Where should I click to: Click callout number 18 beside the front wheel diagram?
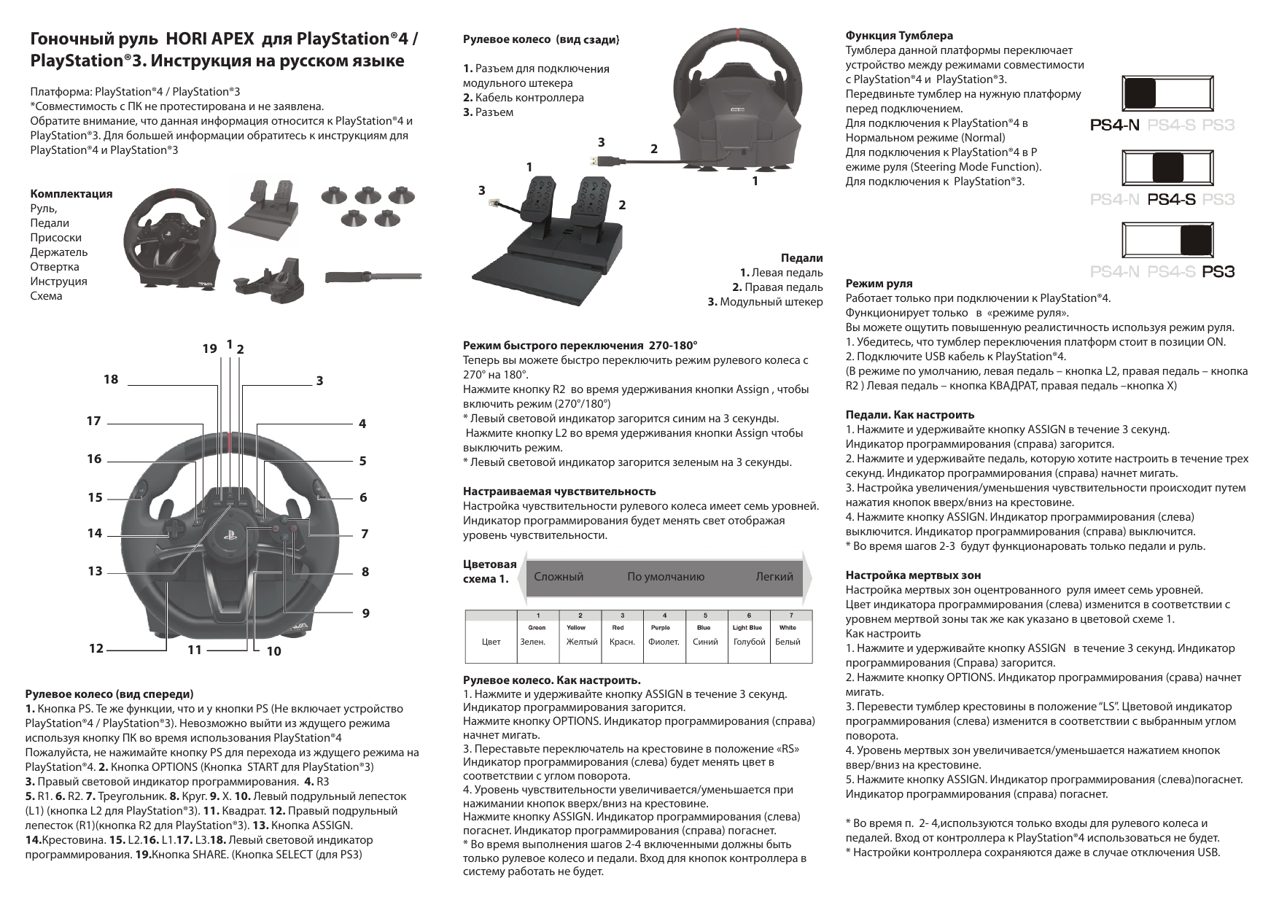110,379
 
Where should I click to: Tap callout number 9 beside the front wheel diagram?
365,613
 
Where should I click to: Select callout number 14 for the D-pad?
95,533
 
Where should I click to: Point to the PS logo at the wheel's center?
228,545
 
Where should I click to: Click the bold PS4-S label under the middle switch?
1172,199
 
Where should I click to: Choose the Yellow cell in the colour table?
576,627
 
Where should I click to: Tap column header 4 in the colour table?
664,615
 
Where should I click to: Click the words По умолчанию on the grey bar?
666,577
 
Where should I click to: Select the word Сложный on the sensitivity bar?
559,577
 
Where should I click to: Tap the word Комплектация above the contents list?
71,194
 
